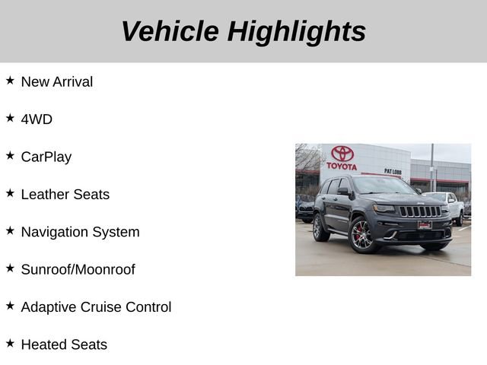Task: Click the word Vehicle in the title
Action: click(x=170, y=31)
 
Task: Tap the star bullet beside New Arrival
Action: click(x=10, y=81)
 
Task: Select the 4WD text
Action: click(x=37, y=119)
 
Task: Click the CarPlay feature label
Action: click(x=46, y=157)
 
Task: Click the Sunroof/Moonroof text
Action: click(x=78, y=269)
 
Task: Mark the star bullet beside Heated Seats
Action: click(x=10, y=344)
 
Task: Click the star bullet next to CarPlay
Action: click(x=10, y=155)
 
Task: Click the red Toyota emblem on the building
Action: click(x=342, y=154)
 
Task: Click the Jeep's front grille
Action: click(x=419, y=211)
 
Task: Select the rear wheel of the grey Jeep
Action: click(x=320, y=227)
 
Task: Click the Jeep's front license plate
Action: click(x=425, y=224)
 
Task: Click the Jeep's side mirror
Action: click(x=343, y=192)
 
